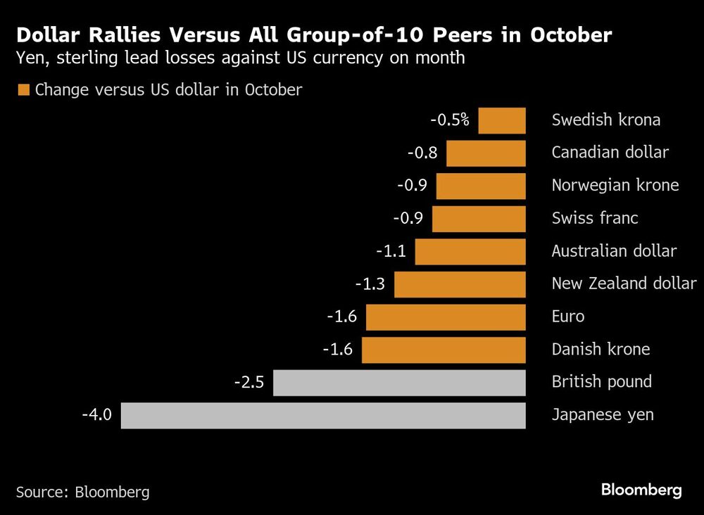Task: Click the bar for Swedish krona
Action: pyautogui.click(x=502, y=120)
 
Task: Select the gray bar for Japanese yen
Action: pyautogui.click(x=323, y=415)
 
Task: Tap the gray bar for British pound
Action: pyautogui.click(x=399, y=382)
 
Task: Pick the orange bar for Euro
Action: pyautogui.click(x=446, y=317)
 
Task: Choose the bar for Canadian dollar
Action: pyautogui.click(x=486, y=153)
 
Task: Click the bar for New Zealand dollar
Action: pyautogui.click(x=460, y=284)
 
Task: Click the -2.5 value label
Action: pyautogui.click(x=249, y=382)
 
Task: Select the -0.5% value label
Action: pyautogui.click(x=450, y=120)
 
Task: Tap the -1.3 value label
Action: pyautogui.click(x=370, y=284)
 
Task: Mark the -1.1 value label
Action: pyautogui.click(x=391, y=251)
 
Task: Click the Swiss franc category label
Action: pyautogui.click(x=595, y=218)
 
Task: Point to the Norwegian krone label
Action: pyautogui.click(x=615, y=186)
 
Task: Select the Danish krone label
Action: pyautogui.click(x=601, y=350)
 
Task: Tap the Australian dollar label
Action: pyautogui.click(x=614, y=251)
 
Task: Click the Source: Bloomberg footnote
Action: pyautogui.click(x=83, y=492)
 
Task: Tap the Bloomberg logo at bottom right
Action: pyautogui.click(x=641, y=490)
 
